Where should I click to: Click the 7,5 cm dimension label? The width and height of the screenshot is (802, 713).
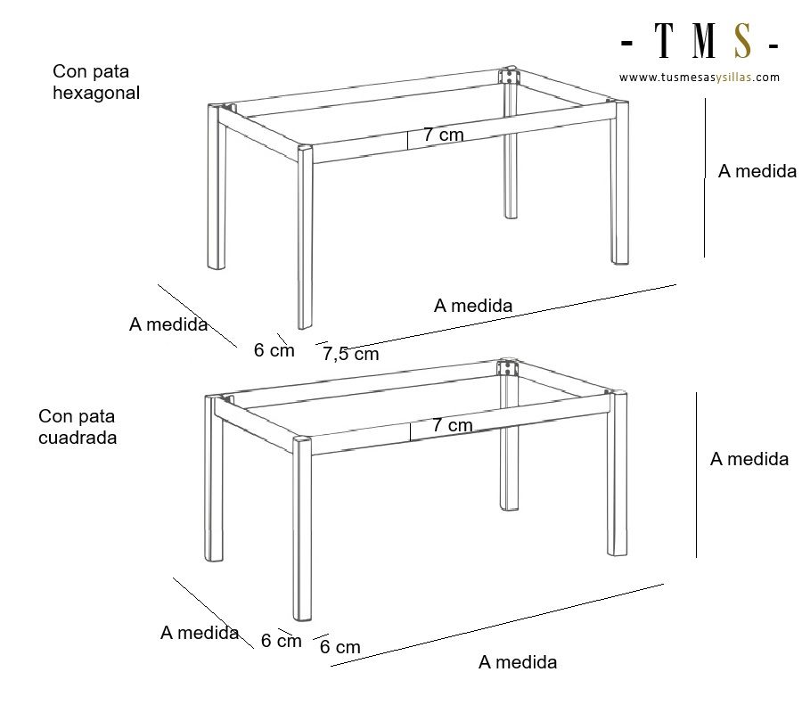click(x=351, y=354)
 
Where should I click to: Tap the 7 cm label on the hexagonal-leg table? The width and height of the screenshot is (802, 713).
click(x=444, y=135)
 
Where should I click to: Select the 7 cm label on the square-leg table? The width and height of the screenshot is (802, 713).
click(x=452, y=425)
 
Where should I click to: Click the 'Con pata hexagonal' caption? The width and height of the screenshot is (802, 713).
click(x=96, y=82)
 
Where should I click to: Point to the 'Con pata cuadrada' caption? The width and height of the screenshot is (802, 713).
click(x=78, y=427)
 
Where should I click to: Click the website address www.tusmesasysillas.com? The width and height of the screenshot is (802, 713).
click(x=700, y=78)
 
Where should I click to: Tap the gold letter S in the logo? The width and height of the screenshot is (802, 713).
click(x=742, y=40)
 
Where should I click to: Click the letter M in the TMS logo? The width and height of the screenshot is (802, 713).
click(x=704, y=40)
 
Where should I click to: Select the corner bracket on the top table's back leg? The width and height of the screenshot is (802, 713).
click(x=509, y=77)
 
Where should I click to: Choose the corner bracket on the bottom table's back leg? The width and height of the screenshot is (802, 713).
click(x=507, y=368)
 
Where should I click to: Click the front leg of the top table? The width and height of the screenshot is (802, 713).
click(x=305, y=237)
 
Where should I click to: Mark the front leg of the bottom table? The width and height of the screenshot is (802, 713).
click(x=302, y=529)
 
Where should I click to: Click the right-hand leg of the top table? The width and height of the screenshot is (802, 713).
click(x=619, y=183)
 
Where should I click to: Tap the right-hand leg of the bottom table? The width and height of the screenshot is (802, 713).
click(x=618, y=473)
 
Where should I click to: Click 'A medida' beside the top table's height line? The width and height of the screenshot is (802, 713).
click(x=757, y=171)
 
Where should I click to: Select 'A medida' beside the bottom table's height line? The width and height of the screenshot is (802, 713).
click(x=749, y=459)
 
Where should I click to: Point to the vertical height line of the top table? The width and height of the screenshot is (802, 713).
click(x=705, y=177)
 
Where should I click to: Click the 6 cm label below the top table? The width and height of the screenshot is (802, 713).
click(x=274, y=350)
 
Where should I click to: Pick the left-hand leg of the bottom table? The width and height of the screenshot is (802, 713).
click(x=214, y=479)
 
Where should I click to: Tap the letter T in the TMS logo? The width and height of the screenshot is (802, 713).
click(x=664, y=40)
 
